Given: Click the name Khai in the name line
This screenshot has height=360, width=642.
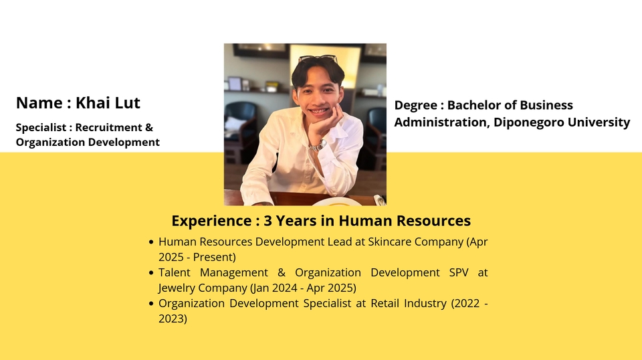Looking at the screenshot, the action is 92,102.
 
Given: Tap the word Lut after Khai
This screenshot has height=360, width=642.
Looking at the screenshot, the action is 126,102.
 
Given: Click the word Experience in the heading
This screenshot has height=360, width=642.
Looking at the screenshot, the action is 213,221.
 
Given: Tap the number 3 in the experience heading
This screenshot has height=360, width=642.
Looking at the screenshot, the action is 267,221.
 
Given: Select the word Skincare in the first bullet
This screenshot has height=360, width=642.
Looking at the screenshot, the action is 389,242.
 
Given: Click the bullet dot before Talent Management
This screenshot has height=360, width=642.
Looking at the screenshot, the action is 151,273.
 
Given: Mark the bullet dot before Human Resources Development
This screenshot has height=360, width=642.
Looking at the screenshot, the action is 151,242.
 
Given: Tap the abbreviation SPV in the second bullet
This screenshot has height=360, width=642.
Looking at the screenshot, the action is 459,272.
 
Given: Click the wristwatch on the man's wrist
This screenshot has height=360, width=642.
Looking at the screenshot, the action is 318,145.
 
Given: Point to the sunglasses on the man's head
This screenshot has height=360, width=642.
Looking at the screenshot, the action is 318,59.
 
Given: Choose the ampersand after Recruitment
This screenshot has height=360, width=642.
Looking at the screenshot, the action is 149,127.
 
